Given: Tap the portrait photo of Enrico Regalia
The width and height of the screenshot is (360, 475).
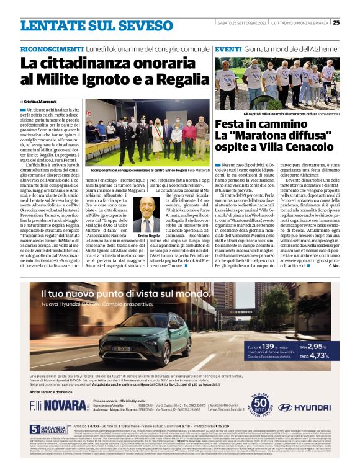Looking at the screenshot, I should click(x=146, y=215).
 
